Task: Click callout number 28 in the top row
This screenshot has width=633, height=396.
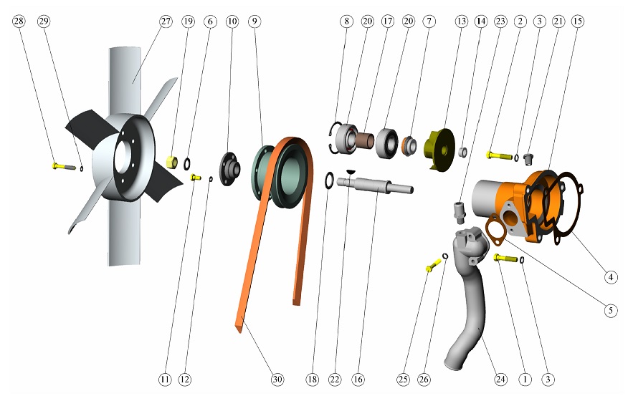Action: (x=19, y=21)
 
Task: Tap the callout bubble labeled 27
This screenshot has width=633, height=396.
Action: (x=166, y=21)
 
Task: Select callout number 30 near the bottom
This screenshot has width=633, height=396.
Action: (x=277, y=379)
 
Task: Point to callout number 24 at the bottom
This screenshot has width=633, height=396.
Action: (x=500, y=379)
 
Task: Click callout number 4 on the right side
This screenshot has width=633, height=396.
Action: (x=611, y=277)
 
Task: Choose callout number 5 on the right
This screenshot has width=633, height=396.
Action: (x=611, y=310)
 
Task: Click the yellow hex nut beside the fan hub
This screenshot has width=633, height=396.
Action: (x=172, y=162)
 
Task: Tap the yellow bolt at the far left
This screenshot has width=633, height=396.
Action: (x=64, y=165)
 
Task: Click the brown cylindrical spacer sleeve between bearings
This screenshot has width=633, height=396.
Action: (x=366, y=141)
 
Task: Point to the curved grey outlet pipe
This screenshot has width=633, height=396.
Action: (x=468, y=294)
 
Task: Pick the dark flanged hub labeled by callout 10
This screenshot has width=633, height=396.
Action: (x=230, y=168)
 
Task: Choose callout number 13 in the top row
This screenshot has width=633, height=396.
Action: (x=461, y=21)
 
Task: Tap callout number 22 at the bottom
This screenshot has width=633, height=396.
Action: (x=335, y=379)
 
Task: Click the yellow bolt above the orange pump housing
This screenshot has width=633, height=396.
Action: (x=500, y=155)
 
